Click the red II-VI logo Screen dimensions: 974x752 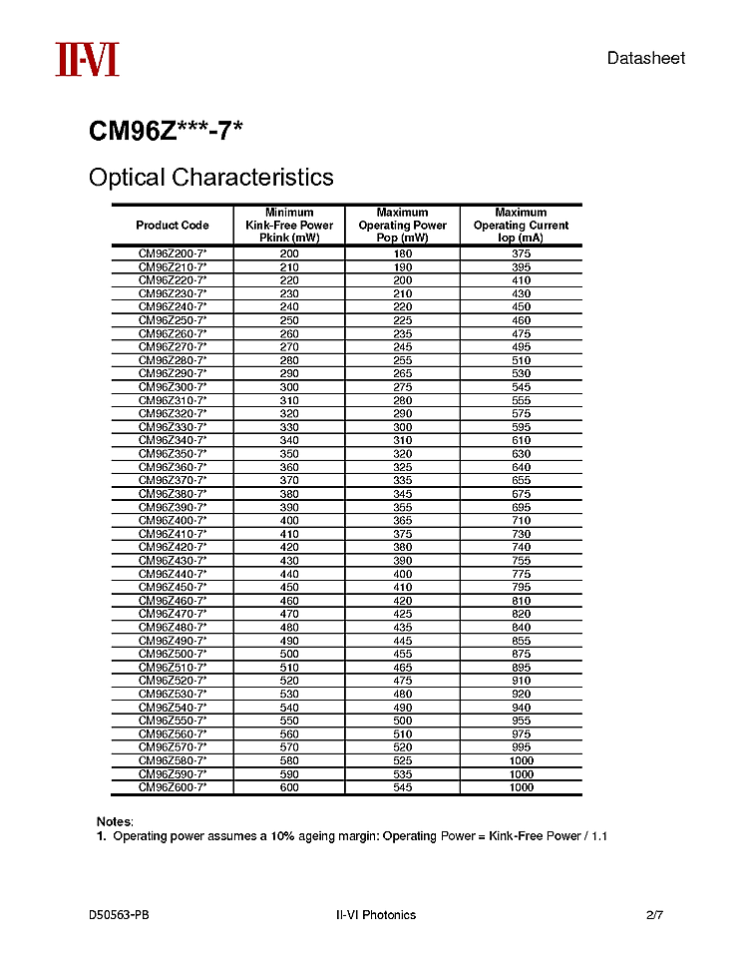pos(87,59)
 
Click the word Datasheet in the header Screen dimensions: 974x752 pos(646,58)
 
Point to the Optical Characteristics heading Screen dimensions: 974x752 pos(211,178)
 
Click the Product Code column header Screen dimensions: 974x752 pos(173,226)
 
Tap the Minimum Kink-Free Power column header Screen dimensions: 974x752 pos(289,226)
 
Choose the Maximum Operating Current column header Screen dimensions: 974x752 pos(521,226)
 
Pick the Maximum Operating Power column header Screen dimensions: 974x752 pos(402,226)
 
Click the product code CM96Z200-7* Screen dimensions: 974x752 pos(173,253)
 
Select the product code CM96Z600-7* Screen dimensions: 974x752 pos(173,787)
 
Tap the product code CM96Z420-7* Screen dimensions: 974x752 pos(173,547)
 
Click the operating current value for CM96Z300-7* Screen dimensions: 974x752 pos(521,387)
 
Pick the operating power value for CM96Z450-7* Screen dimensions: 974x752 pos(402,587)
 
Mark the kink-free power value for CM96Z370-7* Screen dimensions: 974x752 pos(289,480)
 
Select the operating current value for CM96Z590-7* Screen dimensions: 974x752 pos(521,774)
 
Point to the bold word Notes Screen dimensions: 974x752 pos(115,821)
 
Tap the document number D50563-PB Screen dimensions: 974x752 pos(120,915)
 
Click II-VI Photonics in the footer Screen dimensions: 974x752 pos(376,915)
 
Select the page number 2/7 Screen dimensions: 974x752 pos(654,915)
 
